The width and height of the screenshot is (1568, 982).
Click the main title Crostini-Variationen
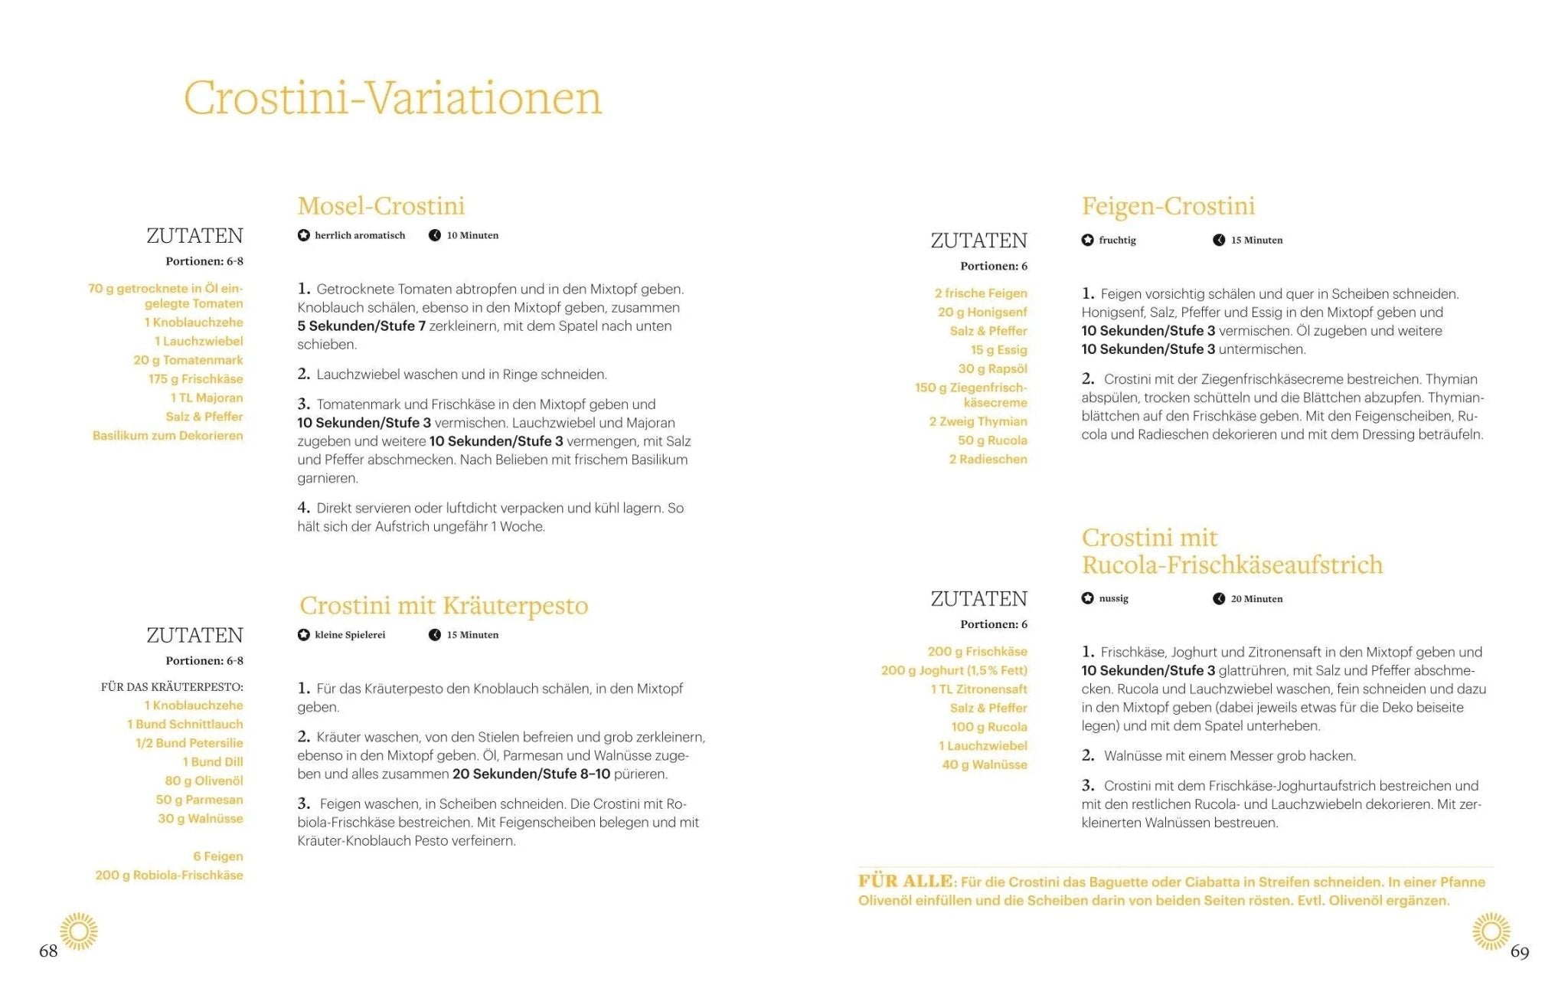point(393,98)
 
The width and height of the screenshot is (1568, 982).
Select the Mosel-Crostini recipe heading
point(381,206)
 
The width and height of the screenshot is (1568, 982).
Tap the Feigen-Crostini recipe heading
point(1168,206)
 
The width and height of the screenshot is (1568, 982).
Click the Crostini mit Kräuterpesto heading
point(444,606)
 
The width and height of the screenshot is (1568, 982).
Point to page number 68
point(48,951)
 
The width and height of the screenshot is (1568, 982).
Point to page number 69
point(1520,952)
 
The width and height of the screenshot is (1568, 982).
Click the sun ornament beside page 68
point(79,931)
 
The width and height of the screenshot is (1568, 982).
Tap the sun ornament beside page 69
point(1491,931)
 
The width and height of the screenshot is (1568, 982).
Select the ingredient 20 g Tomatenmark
point(188,360)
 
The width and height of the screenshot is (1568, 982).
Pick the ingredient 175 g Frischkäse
point(195,379)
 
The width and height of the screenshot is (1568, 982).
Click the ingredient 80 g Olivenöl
point(204,781)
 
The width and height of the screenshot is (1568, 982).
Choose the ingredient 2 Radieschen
point(988,460)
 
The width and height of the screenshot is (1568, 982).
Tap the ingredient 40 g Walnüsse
point(985,764)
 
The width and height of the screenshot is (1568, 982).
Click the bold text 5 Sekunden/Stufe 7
point(361,326)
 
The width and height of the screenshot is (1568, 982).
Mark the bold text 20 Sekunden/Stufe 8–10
point(531,774)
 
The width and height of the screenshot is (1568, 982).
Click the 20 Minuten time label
point(1256,599)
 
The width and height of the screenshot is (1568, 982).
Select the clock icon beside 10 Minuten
point(435,236)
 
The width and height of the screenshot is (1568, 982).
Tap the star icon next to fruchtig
point(1087,241)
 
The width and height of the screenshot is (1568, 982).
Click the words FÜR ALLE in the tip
point(906,882)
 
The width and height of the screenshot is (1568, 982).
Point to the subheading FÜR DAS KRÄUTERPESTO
point(172,687)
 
